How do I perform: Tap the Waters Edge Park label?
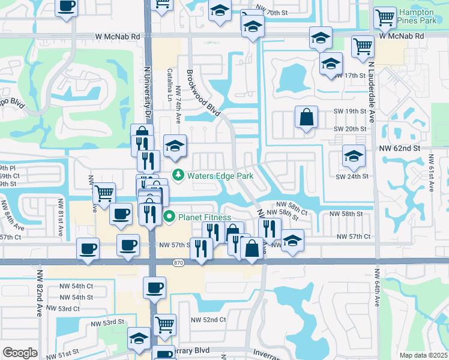coord(220,176)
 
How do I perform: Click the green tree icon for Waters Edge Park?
coord(178,175)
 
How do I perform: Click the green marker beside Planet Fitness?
coord(169,217)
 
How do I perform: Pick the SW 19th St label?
coord(351,112)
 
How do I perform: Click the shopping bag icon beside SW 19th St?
coord(306,117)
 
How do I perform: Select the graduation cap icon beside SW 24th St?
coord(354,156)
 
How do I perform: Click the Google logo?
coord(20,353)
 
